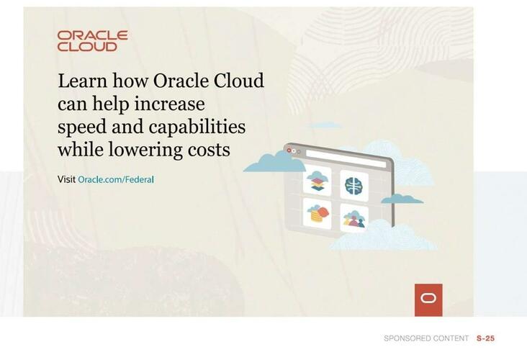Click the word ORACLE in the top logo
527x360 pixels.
[x=92, y=35]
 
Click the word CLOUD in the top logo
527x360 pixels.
[x=87, y=47]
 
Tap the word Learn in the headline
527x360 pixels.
[x=79, y=81]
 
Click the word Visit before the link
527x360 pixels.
[x=66, y=179]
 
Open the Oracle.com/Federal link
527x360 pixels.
[x=116, y=179]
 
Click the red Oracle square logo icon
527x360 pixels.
[x=428, y=300]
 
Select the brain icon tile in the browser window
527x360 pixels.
[x=353, y=185]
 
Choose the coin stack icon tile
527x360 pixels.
[x=317, y=214]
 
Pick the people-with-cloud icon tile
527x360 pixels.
[x=353, y=218]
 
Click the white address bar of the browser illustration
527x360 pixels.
[x=346, y=154]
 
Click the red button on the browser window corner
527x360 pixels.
[x=289, y=150]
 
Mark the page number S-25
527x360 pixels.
[x=486, y=338]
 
